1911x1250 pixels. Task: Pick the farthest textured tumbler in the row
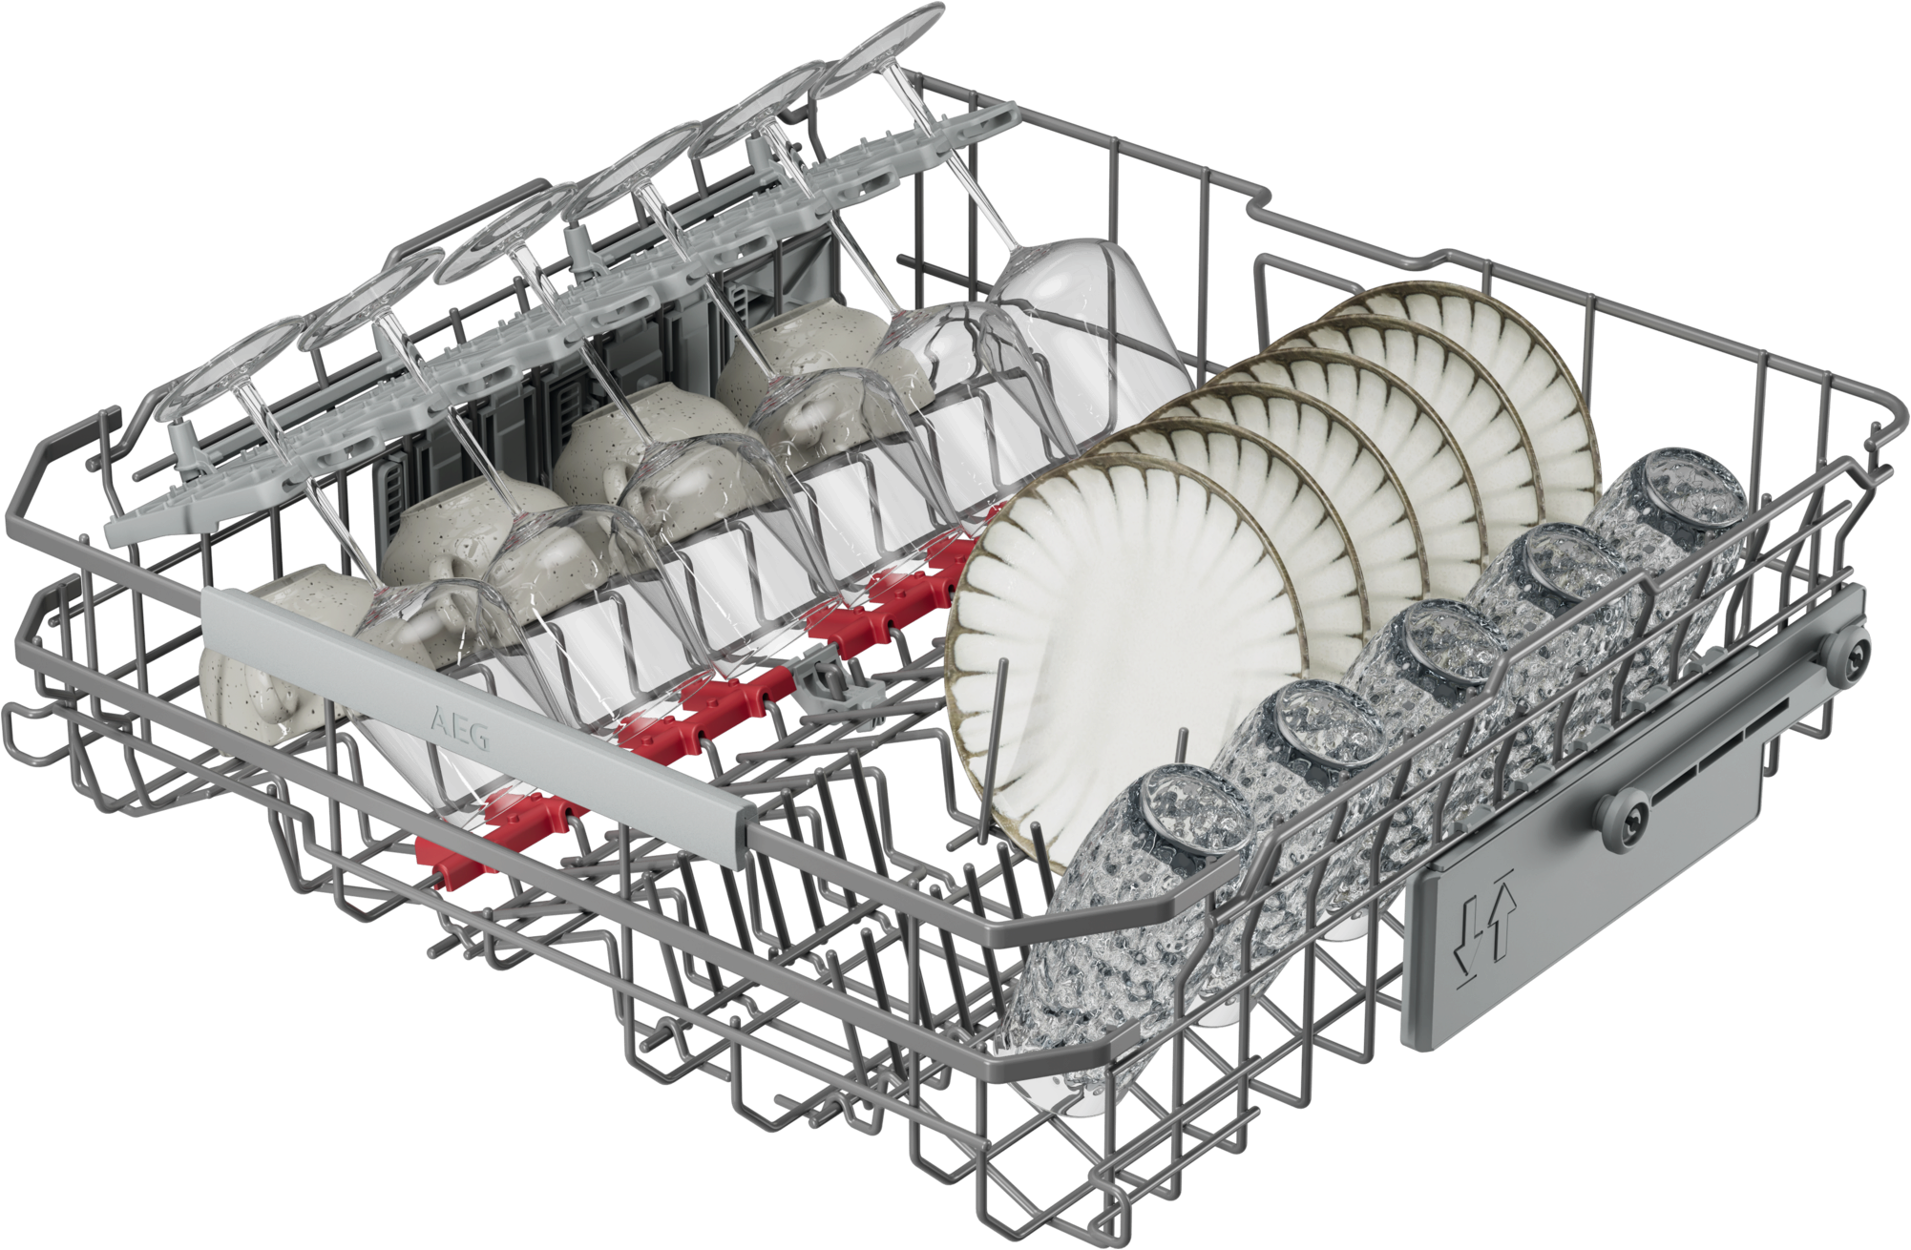tap(1661, 534)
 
